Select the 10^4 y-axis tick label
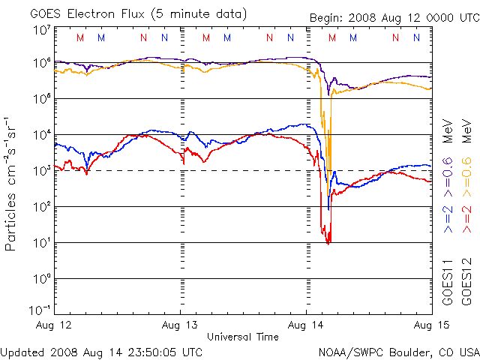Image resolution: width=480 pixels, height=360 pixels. pos(40,135)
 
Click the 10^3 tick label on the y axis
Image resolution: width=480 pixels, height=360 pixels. pos(40,171)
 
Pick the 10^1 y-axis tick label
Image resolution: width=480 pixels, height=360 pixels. pos(40,243)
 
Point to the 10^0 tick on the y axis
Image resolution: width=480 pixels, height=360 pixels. pos(40,279)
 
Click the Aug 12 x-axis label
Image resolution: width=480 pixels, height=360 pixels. pos(55,325)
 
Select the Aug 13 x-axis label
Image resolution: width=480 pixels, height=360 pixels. pos(181,325)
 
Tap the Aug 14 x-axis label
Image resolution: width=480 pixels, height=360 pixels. pos(307,325)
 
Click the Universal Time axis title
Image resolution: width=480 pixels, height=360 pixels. pos(243,337)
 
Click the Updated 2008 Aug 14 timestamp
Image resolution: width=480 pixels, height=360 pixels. pos(101,351)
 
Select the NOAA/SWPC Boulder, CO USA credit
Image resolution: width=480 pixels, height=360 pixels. pos(397,351)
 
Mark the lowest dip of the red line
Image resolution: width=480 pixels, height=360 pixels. pos(328,243)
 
